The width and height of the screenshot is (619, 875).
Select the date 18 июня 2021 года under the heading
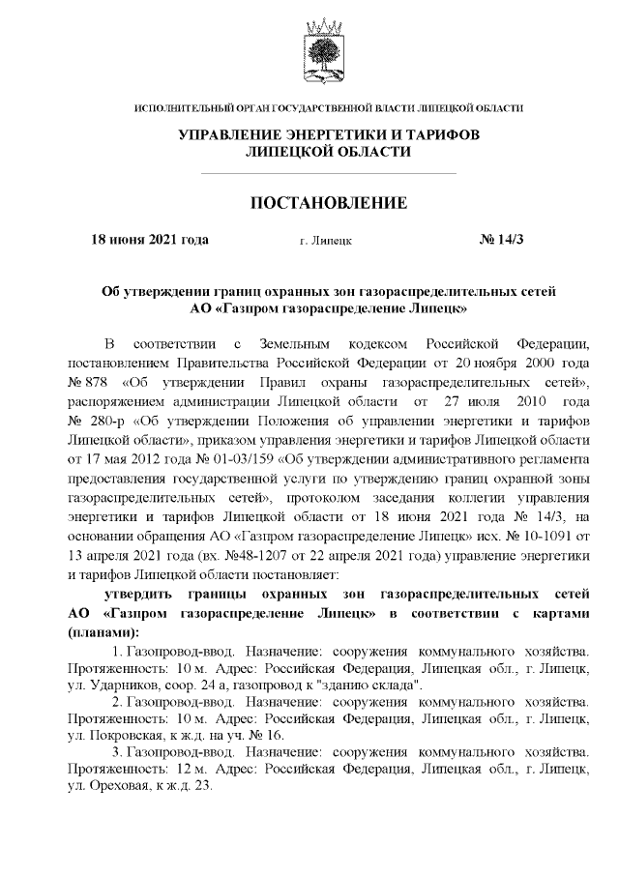tap(149, 239)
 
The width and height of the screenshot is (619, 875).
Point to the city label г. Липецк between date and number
tap(326, 240)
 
